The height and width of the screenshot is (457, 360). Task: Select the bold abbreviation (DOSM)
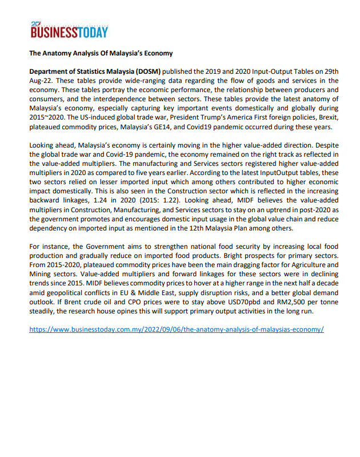149,71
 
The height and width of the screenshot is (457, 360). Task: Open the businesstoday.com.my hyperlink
177,330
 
